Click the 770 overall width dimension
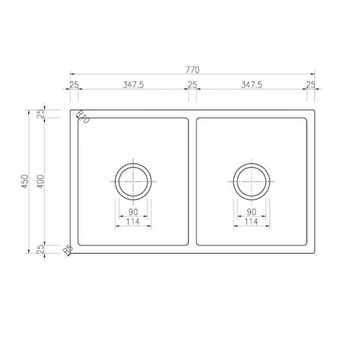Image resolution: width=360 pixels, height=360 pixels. click(192, 70)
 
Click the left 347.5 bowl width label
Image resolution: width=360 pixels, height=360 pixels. click(133, 85)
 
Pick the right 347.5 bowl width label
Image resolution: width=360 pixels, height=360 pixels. click(251, 85)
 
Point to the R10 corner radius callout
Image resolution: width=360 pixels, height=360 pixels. click(83, 117)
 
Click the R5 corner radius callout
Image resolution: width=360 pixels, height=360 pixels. click(68, 250)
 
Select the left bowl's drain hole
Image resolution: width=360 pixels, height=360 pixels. click(133, 181)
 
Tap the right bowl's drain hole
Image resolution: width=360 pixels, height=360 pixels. click(252, 181)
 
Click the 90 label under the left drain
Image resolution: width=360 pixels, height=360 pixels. click(133, 212)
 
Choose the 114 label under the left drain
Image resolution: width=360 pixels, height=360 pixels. click(133, 221)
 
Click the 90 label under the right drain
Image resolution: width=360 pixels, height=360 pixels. click(252, 212)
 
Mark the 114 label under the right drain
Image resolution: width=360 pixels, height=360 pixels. click(252, 221)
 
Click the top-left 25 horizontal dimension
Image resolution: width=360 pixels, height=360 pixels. click(74, 85)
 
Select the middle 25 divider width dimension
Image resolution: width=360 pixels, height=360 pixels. click(192, 85)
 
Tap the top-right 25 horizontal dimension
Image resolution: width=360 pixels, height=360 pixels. click(310, 85)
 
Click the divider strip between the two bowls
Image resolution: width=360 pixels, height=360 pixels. click(192, 181)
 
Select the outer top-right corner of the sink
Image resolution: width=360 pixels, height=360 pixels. click(314, 110)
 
